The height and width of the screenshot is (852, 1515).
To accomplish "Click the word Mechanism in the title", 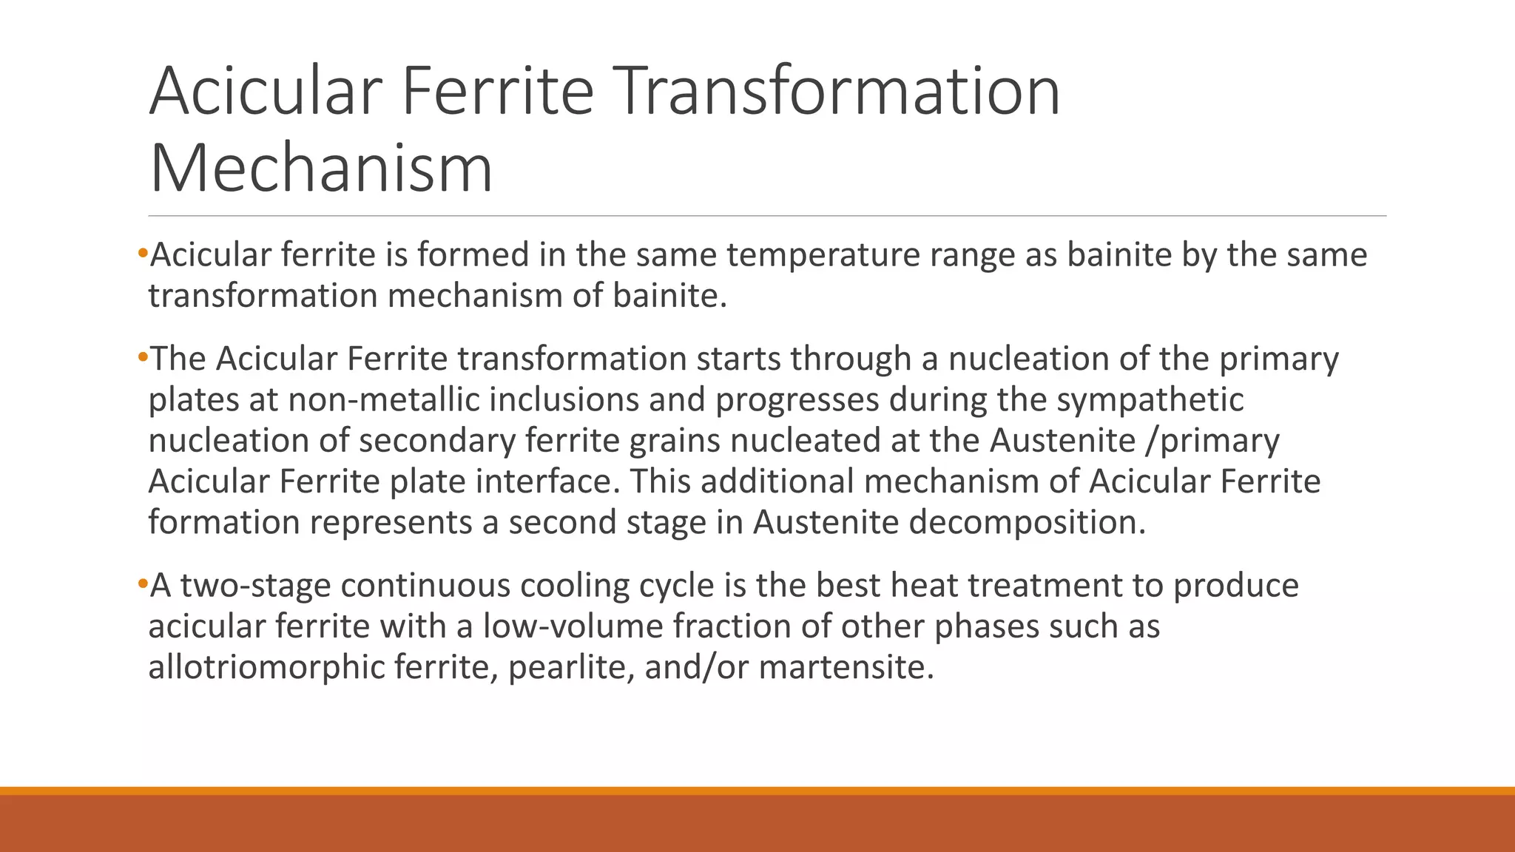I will (x=321, y=169).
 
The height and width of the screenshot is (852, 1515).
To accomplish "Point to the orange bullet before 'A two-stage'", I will (x=142, y=585).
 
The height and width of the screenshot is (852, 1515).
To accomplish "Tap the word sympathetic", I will (x=1150, y=400).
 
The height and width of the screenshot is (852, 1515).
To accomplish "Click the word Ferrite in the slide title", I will (x=497, y=91).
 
